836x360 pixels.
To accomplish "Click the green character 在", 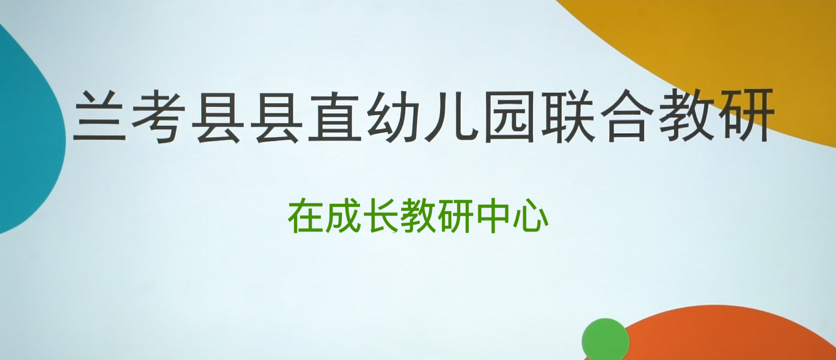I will tap(306, 216).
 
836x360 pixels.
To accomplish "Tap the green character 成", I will tap(343, 216).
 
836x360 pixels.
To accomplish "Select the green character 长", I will tap(380, 216).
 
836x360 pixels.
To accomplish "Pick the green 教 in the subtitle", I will tap(418, 216).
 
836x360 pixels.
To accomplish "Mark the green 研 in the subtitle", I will tap(455, 216).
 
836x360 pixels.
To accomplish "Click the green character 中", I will tap(492, 216).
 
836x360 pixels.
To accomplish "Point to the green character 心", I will tap(531, 216).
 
